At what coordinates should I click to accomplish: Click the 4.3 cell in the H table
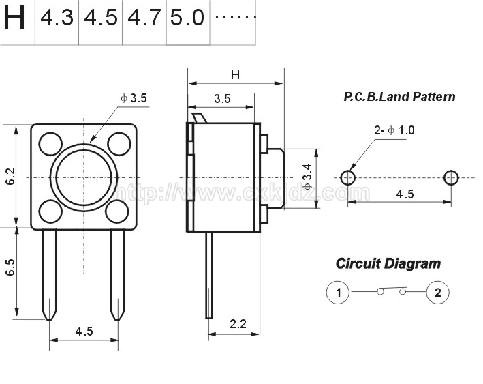click(57, 18)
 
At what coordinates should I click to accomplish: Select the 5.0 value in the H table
click(187, 18)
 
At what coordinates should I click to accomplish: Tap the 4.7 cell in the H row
click(144, 18)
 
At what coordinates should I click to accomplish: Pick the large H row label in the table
click(14, 18)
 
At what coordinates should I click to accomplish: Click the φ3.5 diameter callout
click(134, 98)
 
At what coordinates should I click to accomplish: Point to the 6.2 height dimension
click(10, 177)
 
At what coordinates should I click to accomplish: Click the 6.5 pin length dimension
click(10, 267)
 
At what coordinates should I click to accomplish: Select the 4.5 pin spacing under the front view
click(84, 331)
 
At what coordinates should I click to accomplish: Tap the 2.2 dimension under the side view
click(238, 324)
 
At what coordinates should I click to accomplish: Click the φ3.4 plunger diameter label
click(307, 177)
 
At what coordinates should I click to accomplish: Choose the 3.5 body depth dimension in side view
click(222, 99)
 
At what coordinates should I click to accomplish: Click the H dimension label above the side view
click(235, 74)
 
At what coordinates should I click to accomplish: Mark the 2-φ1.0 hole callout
click(394, 130)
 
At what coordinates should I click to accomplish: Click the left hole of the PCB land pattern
click(347, 177)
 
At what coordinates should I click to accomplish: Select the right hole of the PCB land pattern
click(451, 177)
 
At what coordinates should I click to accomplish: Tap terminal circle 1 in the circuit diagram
click(338, 292)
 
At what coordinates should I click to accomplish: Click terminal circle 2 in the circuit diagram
click(438, 292)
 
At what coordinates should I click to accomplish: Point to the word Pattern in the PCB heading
click(434, 97)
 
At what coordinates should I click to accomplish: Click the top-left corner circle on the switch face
click(51, 144)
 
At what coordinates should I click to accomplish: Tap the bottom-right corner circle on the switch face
click(117, 211)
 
